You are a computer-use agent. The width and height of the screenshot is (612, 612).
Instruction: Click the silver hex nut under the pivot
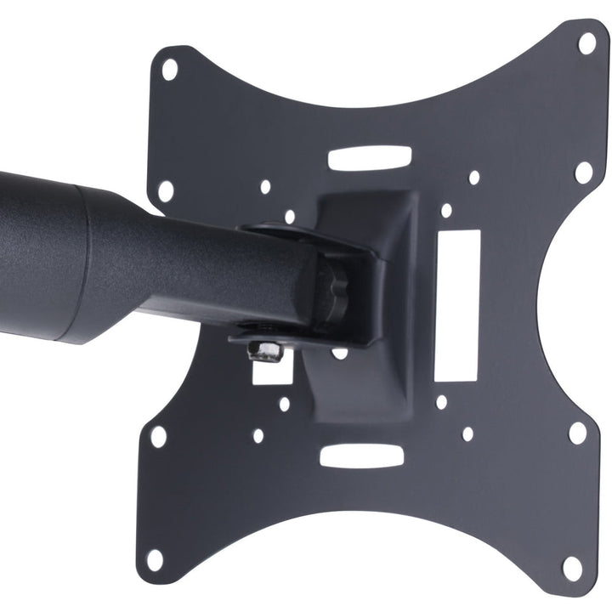point(266,350)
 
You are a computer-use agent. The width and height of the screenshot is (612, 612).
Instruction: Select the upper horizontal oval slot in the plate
point(370,158)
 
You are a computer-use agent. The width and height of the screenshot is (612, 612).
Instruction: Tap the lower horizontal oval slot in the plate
point(361,456)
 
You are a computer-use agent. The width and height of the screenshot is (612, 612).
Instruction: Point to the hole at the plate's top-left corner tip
point(170,69)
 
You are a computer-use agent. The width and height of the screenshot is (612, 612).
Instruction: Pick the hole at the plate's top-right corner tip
point(587,42)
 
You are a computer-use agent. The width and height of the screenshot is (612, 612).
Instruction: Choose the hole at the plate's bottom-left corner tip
point(155,559)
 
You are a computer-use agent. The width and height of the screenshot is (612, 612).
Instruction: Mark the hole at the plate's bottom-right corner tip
point(573,568)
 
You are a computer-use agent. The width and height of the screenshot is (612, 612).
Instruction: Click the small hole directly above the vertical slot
point(446,210)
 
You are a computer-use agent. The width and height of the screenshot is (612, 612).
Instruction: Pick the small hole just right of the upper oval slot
point(474,178)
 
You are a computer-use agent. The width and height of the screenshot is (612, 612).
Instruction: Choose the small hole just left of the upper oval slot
point(265,186)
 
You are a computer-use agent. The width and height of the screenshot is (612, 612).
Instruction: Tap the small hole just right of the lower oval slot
point(467,433)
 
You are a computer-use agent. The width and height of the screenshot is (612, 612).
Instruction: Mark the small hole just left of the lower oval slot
point(258,435)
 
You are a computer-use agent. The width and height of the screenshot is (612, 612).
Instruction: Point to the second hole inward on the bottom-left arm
point(159,437)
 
